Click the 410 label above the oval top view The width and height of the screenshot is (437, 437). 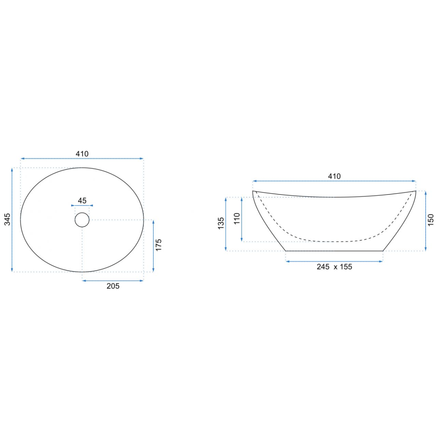pos(82,154)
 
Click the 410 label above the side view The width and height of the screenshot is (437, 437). pos(334,176)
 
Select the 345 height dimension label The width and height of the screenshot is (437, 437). pos(7,219)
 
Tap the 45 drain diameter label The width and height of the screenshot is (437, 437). pos(82,200)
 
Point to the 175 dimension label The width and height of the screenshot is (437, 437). pos(158,245)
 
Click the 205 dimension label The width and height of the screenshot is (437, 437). pos(113,286)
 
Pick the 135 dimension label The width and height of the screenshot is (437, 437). pos(221,223)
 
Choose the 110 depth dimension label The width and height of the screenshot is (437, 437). pos(237,219)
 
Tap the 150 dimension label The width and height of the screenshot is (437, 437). pos(430,220)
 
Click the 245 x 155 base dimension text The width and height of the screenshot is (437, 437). pos(334,267)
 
